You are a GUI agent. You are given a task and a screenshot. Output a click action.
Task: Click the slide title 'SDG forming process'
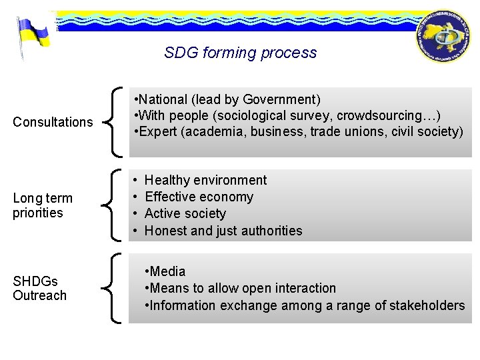coord(240,53)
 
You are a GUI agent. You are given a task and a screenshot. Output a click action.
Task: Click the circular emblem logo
coord(443,37)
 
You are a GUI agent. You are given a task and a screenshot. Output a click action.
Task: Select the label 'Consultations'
coord(53,122)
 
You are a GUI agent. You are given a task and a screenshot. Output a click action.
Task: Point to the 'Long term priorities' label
coord(43,205)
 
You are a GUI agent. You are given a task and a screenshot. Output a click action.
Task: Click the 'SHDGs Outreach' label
coord(40,288)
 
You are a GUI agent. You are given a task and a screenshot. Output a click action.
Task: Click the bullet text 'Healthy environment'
coord(205,180)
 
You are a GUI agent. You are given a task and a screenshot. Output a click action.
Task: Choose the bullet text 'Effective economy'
coord(199,197)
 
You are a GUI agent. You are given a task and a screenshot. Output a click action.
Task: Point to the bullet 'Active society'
coord(185,213)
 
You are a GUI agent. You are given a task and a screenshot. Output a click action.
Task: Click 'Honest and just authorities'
coord(223,231)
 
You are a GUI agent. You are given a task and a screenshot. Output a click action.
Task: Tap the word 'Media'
coord(168,271)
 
